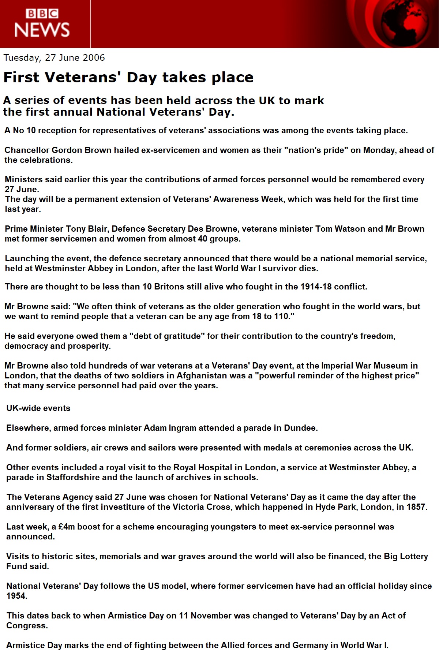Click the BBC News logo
pyautogui.click(x=42, y=23)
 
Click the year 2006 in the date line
pyautogui.click(x=94, y=58)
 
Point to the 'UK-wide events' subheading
pyautogui.click(x=38, y=408)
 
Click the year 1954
pyautogui.click(x=16, y=596)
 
